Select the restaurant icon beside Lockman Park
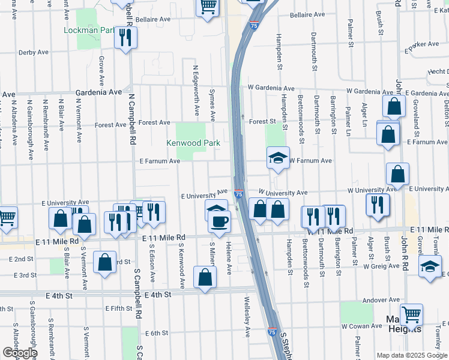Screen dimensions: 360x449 tap(127, 38)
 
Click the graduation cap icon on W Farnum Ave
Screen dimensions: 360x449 tap(278, 158)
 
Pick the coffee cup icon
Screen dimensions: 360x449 tap(219, 221)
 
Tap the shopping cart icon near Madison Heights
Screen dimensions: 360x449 tap(411, 314)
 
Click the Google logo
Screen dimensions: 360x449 tap(20, 352)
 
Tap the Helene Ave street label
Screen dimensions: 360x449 tap(229, 258)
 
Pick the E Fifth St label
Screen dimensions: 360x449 tap(118, 308)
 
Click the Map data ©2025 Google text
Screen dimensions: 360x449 tap(412, 355)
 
